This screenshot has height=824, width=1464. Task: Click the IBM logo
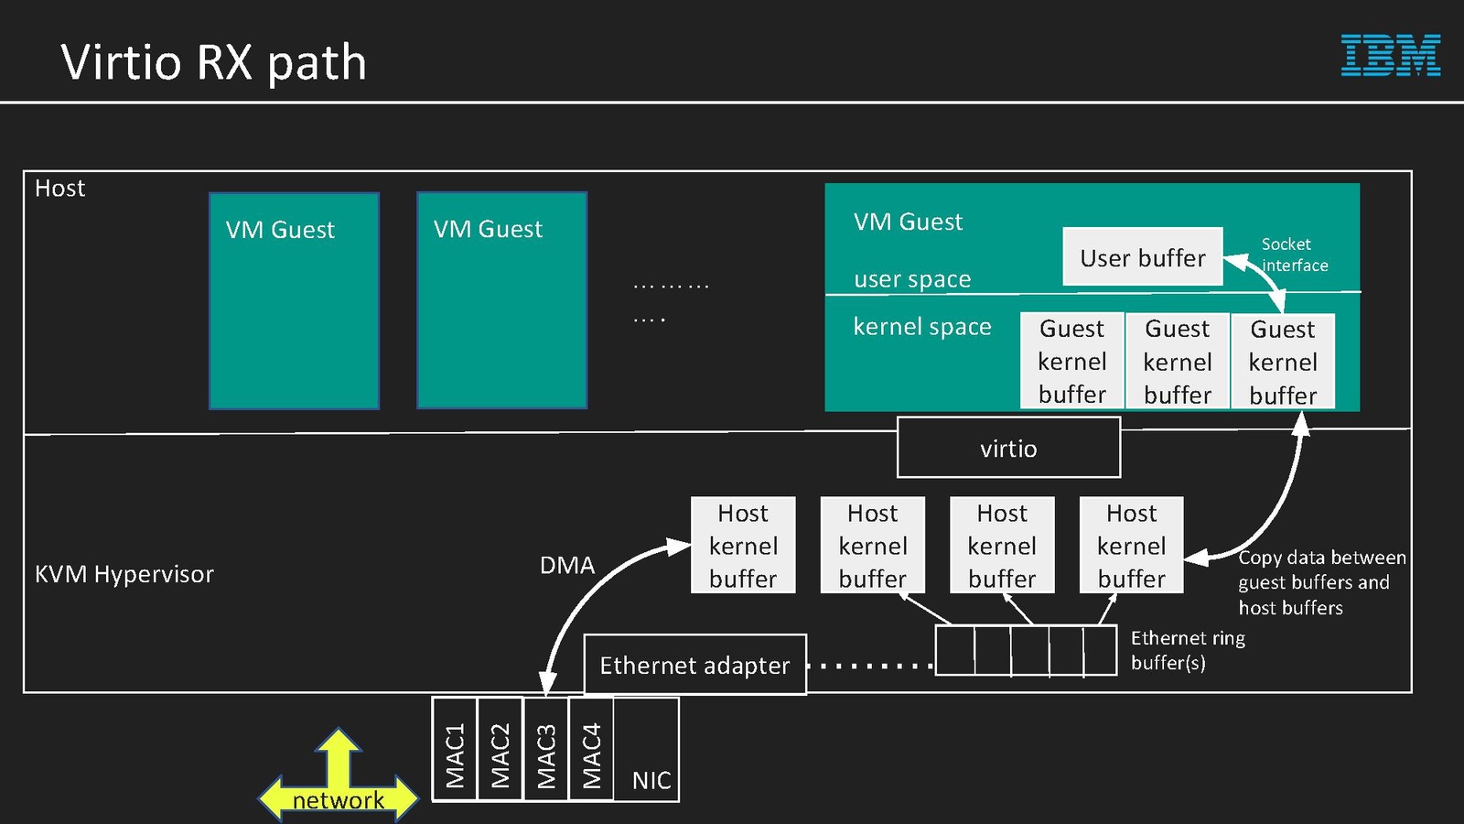(x=1390, y=55)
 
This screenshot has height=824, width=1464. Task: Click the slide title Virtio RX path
(x=213, y=62)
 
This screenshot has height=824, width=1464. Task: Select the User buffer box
(x=1142, y=257)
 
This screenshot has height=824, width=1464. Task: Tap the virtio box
(x=1008, y=448)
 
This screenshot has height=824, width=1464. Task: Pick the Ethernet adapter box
(x=694, y=665)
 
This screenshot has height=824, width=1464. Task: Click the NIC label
(x=651, y=780)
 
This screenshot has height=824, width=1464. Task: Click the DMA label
(x=566, y=565)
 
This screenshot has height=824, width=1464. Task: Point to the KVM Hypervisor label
(x=124, y=574)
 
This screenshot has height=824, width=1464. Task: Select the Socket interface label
(x=1294, y=255)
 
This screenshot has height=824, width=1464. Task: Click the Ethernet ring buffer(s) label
(x=1188, y=650)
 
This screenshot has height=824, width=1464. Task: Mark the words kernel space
(x=921, y=327)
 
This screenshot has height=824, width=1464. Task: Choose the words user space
(x=911, y=279)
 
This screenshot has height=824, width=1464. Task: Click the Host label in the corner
(x=59, y=189)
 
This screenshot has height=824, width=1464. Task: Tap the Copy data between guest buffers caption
(x=1320, y=582)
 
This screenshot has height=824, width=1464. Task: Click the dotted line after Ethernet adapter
(x=870, y=666)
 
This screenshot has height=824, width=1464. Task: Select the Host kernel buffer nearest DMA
(x=743, y=546)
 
